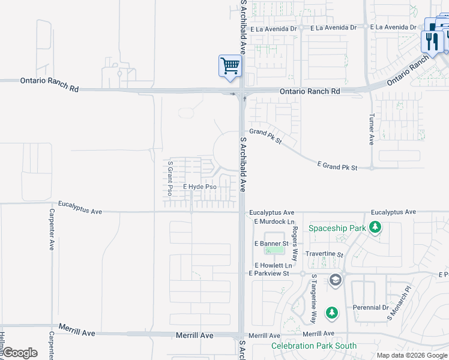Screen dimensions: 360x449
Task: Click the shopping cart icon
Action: pyautogui.click(x=230, y=67)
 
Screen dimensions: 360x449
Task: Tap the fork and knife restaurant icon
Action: pyautogui.click(x=431, y=41)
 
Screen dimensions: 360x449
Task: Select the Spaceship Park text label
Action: pyautogui.click(x=337, y=228)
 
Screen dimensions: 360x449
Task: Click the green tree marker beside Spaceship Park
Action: pyautogui.click(x=375, y=227)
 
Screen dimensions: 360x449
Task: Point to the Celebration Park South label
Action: pyautogui.click(x=313, y=346)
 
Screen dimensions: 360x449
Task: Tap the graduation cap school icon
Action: pyautogui.click(x=335, y=280)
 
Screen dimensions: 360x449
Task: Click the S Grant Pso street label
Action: pyautogui.click(x=170, y=178)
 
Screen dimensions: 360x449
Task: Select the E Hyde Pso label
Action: pyautogui.click(x=199, y=187)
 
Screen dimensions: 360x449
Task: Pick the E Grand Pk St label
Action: pyautogui.click(x=337, y=167)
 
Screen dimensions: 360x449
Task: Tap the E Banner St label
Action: pyautogui.click(x=271, y=244)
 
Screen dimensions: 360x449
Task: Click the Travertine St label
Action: pyautogui.click(x=324, y=254)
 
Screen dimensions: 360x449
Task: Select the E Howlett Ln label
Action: pyautogui.click(x=273, y=265)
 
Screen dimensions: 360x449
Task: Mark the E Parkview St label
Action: pyautogui.click(x=269, y=274)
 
